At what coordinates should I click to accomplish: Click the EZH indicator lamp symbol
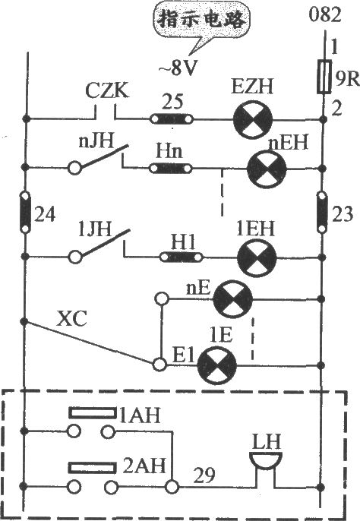pyautogui.click(x=253, y=119)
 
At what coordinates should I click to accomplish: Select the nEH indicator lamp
pyautogui.click(x=267, y=169)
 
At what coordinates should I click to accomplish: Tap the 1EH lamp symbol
pyautogui.click(x=257, y=257)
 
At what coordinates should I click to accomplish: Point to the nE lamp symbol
pyautogui.click(x=232, y=299)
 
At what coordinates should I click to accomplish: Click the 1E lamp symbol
pyautogui.click(x=217, y=365)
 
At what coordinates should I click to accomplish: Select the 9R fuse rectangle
pyautogui.click(x=324, y=77)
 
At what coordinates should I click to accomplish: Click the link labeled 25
pyautogui.click(x=172, y=118)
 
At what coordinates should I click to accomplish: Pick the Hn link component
pyautogui.click(x=171, y=169)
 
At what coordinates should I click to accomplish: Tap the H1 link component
pyautogui.click(x=182, y=257)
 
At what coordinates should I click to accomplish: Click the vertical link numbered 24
pyautogui.click(x=25, y=212)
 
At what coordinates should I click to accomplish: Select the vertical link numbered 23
pyautogui.click(x=322, y=212)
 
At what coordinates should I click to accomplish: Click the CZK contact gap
pyautogui.click(x=106, y=112)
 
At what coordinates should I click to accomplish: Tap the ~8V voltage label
pyautogui.click(x=177, y=69)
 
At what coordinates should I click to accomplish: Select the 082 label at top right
pyautogui.click(x=325, y=14)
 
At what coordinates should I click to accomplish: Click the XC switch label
pyautogui.click(x=72, y=319)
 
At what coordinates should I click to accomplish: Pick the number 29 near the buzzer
pyautogui.click(x=204, y=475)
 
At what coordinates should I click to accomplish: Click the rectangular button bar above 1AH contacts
pyautogui.click(x=93, y=412)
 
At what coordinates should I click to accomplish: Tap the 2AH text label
pyautogui.click(x=144, y=466)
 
